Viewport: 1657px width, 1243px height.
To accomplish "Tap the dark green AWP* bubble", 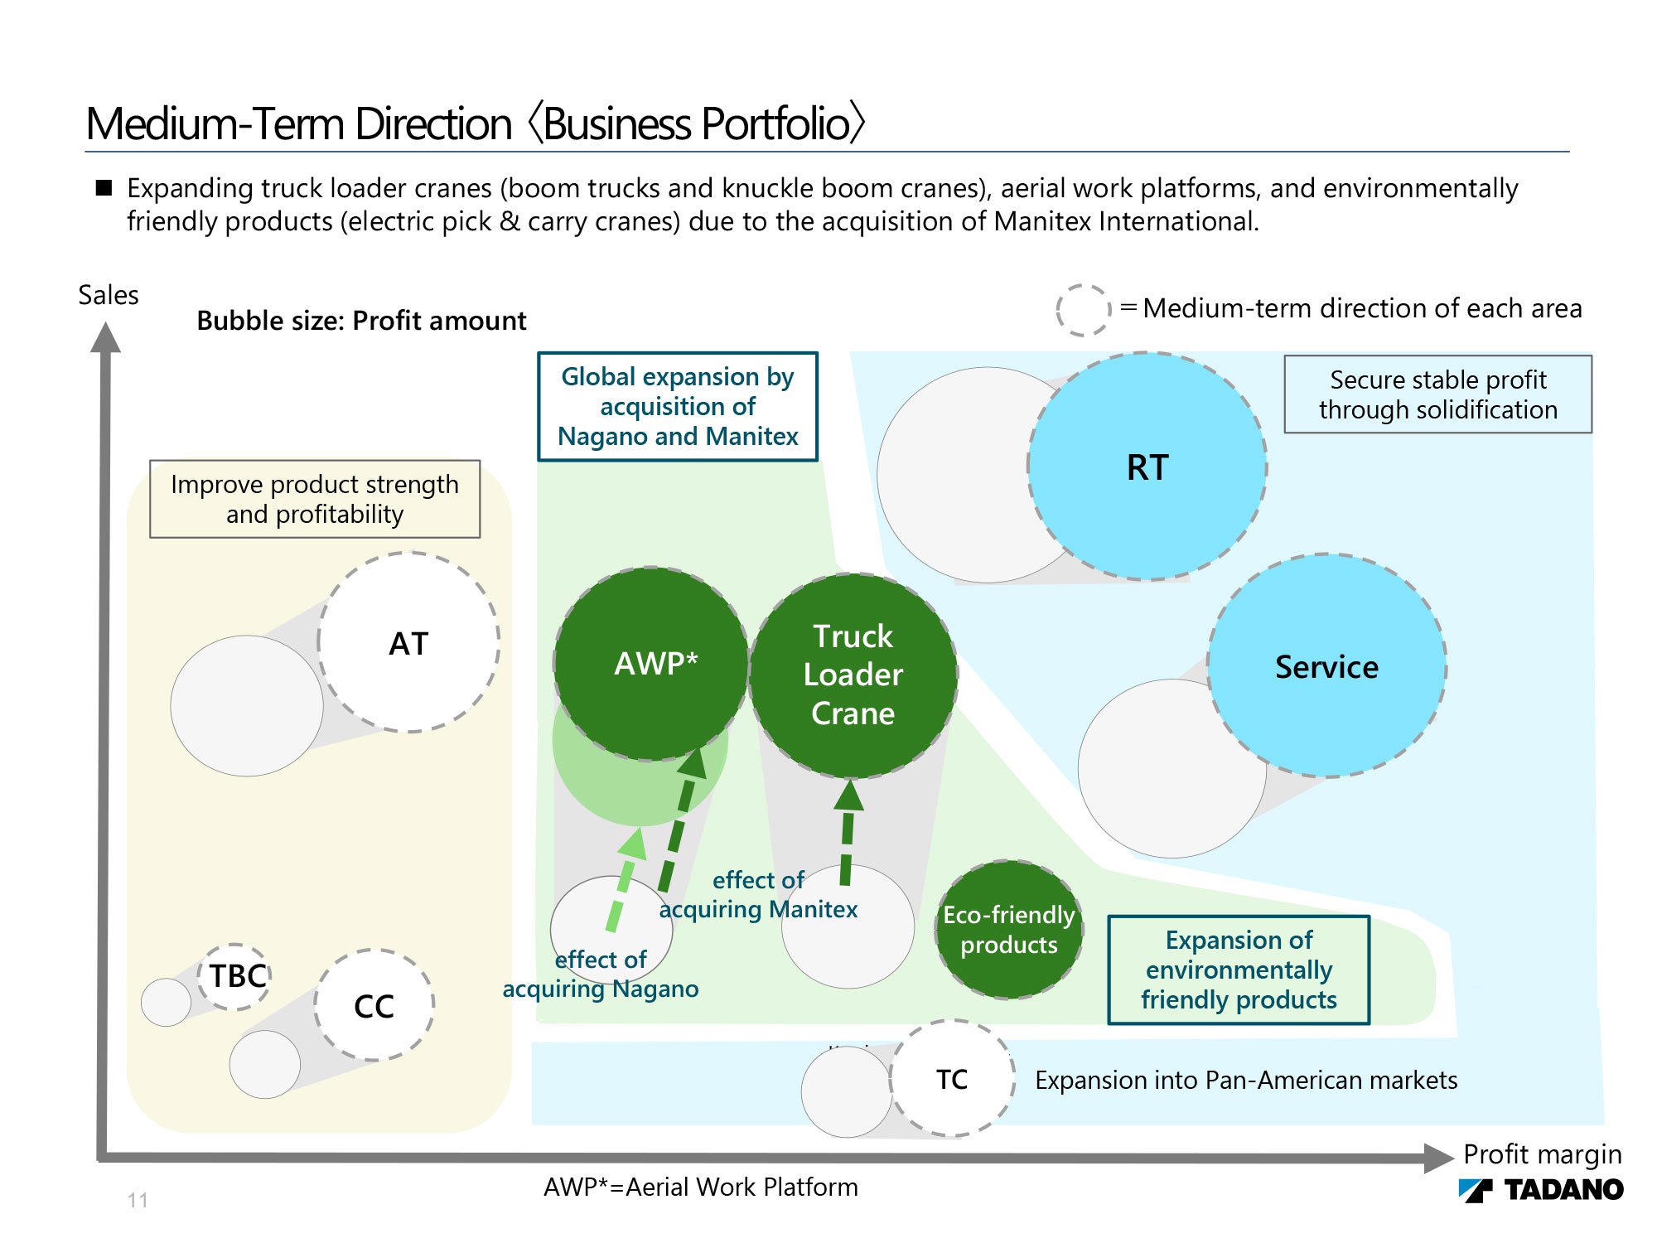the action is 652,664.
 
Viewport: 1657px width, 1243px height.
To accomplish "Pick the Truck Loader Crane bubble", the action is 853,675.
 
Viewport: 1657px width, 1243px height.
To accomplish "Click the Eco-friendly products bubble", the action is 1009,929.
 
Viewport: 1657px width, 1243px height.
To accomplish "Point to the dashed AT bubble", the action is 409,642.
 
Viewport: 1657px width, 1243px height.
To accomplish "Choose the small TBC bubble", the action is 236,976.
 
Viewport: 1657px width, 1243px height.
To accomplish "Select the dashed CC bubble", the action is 374,1005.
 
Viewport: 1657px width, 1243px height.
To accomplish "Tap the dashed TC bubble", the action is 953,1078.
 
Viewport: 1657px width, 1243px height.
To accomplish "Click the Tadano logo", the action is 1541,1189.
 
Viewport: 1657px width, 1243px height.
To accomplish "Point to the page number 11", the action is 138,1200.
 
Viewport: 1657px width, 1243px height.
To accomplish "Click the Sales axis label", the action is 109,295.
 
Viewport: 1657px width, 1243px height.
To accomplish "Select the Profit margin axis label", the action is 1542,1154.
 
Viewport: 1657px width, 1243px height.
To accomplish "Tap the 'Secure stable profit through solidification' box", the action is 1438,394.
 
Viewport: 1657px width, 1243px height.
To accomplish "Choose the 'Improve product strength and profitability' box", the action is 315,499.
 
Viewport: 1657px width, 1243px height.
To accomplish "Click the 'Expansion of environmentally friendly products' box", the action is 1239,970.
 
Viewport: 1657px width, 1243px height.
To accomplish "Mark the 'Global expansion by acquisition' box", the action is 678,406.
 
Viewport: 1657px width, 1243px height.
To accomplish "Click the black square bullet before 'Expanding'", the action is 104,187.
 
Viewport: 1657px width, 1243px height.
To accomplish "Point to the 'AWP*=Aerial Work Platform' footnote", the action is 701,1187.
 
